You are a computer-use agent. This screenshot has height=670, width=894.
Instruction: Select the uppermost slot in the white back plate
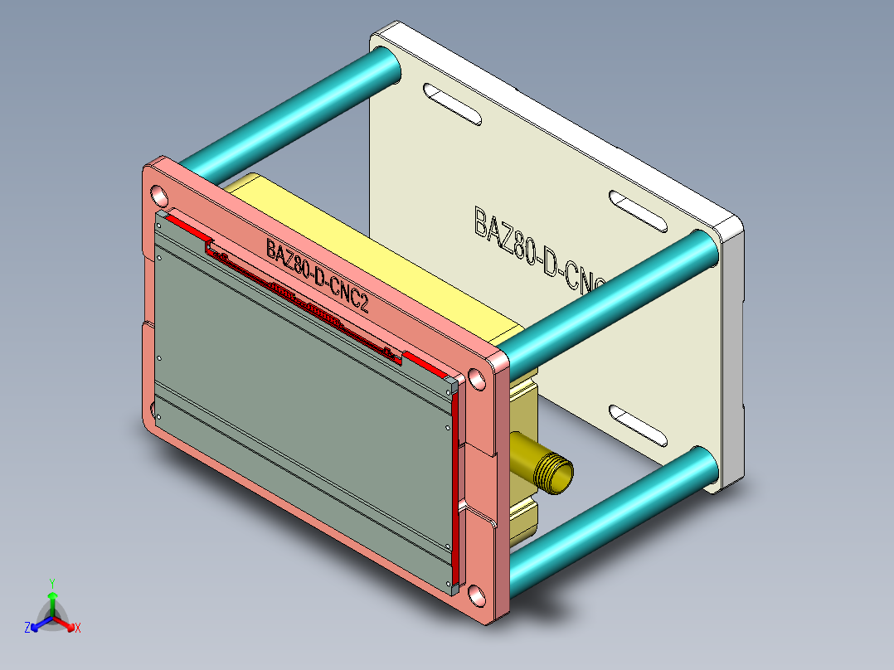pos(452,104)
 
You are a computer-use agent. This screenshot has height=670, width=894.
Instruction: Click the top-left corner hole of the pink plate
pos(158,196)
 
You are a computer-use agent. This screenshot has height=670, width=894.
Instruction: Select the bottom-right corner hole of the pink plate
pos(476,595)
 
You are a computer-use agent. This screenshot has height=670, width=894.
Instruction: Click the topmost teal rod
pos(282,115)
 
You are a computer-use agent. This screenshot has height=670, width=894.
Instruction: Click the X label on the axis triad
pos(78,628)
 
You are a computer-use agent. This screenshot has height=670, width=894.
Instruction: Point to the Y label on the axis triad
pos(52,583)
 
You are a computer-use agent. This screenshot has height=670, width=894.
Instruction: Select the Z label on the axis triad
pos(27,628)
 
